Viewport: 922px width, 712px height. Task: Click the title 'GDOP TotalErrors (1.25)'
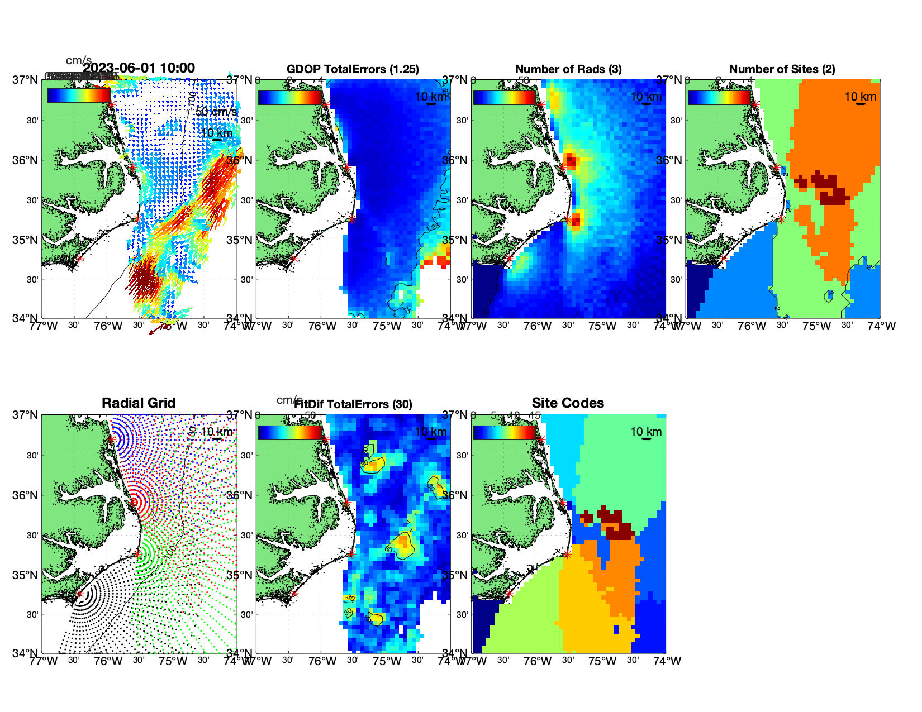pos(353,69)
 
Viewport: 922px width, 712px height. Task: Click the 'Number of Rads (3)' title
pos(568,69)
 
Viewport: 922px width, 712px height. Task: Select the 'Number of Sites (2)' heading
pos(782,69)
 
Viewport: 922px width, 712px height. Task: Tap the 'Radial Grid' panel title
pos(139,403)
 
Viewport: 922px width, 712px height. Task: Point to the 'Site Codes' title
pos(568,403)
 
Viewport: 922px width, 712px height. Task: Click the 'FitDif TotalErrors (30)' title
pos(353,404)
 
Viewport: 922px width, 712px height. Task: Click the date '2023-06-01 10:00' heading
pos(139,68)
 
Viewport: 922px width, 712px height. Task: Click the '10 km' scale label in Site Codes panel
pos(646,432)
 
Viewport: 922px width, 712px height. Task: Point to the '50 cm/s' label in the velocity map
pos(216,112)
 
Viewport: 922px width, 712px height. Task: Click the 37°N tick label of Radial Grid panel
pos(26,415)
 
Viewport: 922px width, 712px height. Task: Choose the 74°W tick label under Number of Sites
pos(881,326)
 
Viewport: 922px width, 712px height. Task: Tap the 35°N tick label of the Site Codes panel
pos(455,575)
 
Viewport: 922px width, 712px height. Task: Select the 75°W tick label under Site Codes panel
pos(602,661)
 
